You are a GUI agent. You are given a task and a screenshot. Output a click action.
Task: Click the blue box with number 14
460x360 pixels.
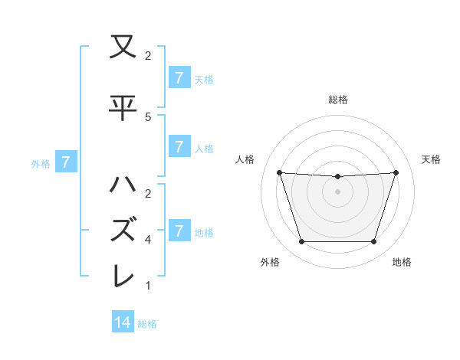click(123, 322)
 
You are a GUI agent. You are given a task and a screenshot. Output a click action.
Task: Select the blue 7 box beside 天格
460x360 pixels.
click(179, 77)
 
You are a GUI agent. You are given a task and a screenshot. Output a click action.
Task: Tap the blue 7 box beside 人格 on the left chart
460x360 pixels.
click(179, 146)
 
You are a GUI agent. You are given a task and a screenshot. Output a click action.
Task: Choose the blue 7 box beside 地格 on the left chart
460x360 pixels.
click(179, 231)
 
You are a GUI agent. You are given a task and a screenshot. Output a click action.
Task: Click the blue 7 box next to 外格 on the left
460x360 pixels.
click(66, 162)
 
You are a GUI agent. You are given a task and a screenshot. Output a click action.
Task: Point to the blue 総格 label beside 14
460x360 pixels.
click(147, 324)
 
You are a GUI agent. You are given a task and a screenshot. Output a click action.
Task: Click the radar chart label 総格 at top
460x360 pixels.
click(338, 100)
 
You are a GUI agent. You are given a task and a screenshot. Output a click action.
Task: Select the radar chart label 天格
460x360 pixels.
click(432, 159)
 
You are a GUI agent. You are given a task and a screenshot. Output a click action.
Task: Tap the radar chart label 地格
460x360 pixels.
click(402, 262)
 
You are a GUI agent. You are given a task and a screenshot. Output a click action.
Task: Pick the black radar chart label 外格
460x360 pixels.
click(270, 262)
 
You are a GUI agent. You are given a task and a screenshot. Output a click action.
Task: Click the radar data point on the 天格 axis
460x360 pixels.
click(396, 172)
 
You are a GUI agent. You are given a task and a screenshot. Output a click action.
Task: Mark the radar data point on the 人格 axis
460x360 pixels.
click(279, 172)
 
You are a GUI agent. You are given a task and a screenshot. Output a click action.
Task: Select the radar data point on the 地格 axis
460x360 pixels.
click(374, 242)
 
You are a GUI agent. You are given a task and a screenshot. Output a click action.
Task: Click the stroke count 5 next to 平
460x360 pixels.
click(147, 116)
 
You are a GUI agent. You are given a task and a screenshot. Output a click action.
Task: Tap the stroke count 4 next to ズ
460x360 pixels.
click(147, 239)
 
